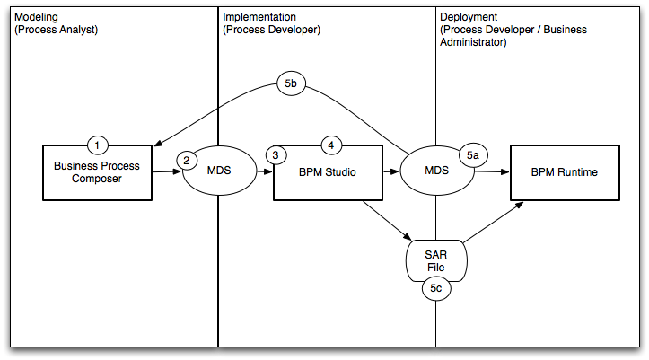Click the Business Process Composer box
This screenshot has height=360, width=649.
pyautogui.click(x=98, y=174)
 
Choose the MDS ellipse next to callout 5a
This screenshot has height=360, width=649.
pyautogui.click(x=436, y=171)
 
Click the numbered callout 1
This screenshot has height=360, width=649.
pyautogui.click(x=99, y=145)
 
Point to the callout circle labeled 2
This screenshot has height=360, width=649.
pyautogui.click(x=187, y=160)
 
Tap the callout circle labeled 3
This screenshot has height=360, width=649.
pyautogui.click(x=276, y=155)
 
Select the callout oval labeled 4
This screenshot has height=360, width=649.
pyautogui.click(x=331, y=145)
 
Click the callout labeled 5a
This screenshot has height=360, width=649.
pyautogui.click(x=473, y=155)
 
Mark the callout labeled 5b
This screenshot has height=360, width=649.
pyautogui.click(x=291, y=84)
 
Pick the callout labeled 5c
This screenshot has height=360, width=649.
pyautogui.click(x=435, y=288)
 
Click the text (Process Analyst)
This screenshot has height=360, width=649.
pyautogui.click(x=56, y=30)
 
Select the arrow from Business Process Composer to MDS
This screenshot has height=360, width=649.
pyautogui.click(x=166, y=172)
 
